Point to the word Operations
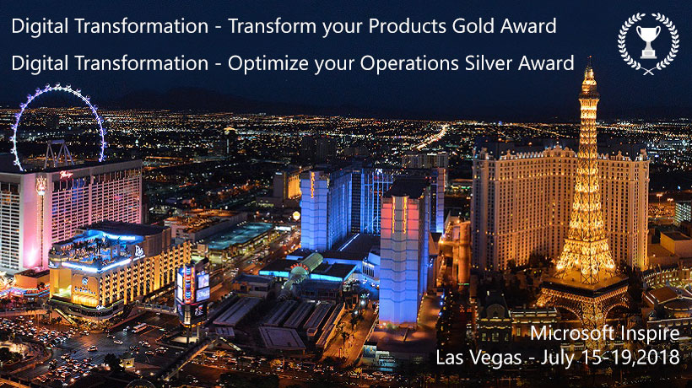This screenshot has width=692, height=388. click(410, 64)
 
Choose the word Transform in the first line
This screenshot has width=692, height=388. click(273, 26)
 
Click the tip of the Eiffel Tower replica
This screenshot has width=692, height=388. click(589, 57)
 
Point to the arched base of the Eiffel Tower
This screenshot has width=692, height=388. click(583, 304)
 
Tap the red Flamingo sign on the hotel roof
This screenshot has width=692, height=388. click(66, 175)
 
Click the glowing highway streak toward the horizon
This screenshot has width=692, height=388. click(431, 137)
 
